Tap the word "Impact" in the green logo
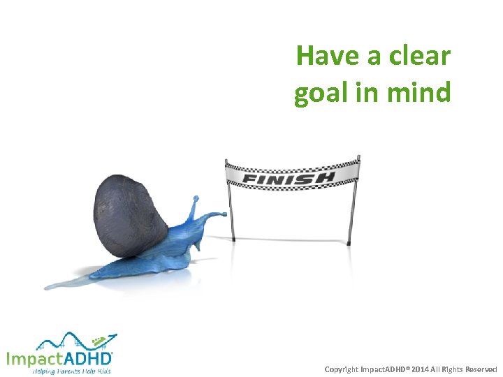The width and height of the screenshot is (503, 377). (x=33, y=359)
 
